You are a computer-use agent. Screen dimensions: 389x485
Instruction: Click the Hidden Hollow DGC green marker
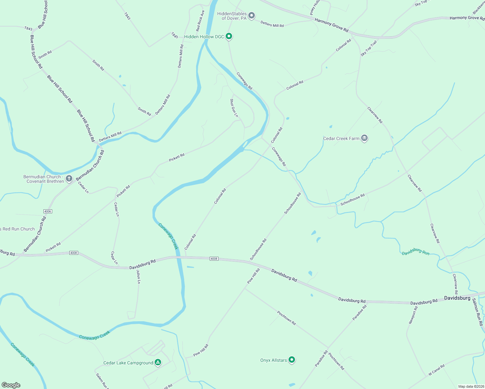tap(229, 36)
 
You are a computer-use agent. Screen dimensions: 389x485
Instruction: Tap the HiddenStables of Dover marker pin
tap(251, 16)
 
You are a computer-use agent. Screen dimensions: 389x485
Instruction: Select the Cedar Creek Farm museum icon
tap(364, 138)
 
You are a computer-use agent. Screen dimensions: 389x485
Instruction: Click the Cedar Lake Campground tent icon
tap(158, 362)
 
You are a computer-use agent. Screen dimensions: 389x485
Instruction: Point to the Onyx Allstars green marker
tap(292, 360)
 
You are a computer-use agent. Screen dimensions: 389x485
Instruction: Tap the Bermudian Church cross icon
tap(69, 179)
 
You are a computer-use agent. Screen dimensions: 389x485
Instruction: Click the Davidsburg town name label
tap(457, 298)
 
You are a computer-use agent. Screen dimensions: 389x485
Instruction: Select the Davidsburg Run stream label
tap(416, 252)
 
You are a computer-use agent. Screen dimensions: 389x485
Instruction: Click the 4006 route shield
tap(48, 211)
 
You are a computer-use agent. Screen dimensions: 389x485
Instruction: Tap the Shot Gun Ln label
tap(234, 108)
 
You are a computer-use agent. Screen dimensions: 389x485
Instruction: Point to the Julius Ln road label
tap(138, 277)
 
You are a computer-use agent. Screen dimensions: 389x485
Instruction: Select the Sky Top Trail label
tap(369, 48)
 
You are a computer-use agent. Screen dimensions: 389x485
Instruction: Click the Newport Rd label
tap(413, 315)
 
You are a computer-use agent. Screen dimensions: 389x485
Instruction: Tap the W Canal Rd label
tap(436, 370)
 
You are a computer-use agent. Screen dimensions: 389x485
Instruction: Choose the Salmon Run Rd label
tap(478, 312)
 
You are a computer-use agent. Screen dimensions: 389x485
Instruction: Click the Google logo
tap(11, 385)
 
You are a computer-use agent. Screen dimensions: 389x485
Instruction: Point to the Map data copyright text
tap(471, 386)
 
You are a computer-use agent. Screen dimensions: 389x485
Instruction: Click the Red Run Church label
tap(18, 229)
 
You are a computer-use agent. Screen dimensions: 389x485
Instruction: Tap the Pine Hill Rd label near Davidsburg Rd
tap(254, 276)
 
